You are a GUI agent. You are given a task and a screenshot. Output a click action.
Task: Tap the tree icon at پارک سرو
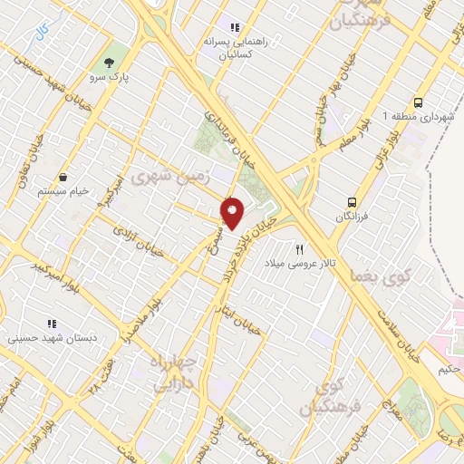tap(110, 63)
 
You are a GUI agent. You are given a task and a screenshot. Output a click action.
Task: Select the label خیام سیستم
tap(64, 192)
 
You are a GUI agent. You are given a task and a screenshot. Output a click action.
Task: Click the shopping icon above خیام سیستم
tap(64, 177)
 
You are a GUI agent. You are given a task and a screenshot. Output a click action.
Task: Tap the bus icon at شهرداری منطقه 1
tap(418, 102)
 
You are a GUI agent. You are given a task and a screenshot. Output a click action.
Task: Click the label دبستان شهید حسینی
tap(51, 338)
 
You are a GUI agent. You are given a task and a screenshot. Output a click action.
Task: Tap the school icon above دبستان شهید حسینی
tap(51, 323)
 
